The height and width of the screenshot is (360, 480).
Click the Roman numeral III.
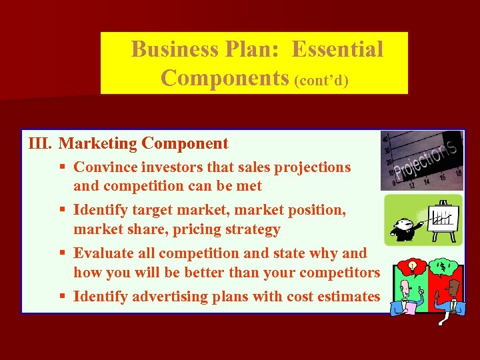click(40, 144)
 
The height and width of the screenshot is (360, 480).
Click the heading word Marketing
click(99, 144)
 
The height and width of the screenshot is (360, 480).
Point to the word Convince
click(103, 167)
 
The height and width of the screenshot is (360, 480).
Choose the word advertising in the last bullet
click(166, 297)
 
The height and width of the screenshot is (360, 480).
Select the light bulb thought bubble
click(413, 267)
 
